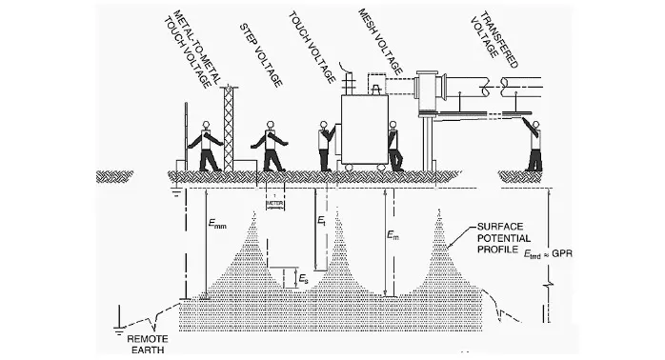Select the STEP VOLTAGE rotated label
tap(259, 51)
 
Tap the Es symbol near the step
tap(302, 279)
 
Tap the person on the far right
tap(534, 146)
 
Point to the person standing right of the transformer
tap(394, 148)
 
